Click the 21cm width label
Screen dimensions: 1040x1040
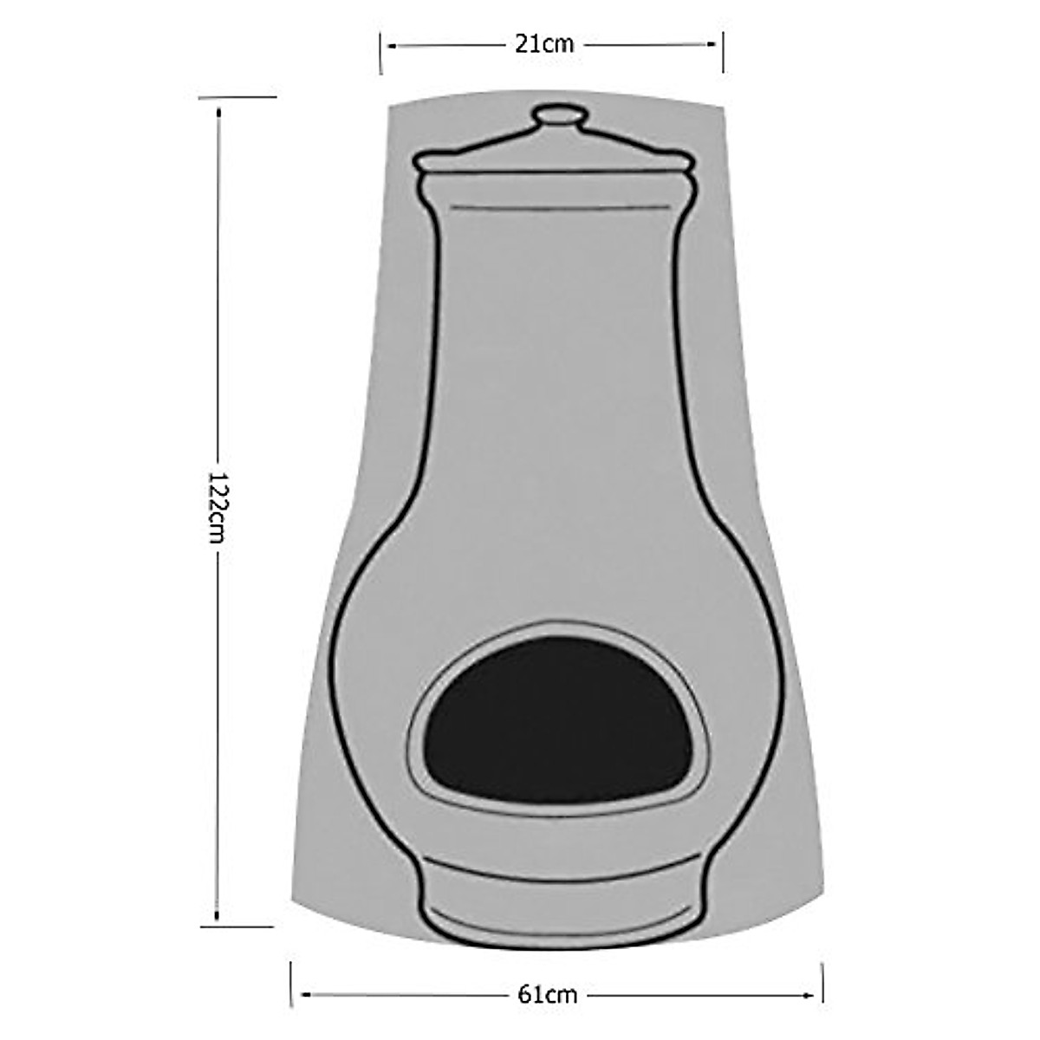(x=544, y=44)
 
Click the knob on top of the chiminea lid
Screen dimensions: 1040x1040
(x=556, y=116)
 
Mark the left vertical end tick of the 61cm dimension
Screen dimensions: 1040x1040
(x=291, y=984)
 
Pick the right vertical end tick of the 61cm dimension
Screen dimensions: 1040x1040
(x=822, y=984)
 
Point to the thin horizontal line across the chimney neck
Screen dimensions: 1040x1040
(x=556, y=209)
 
